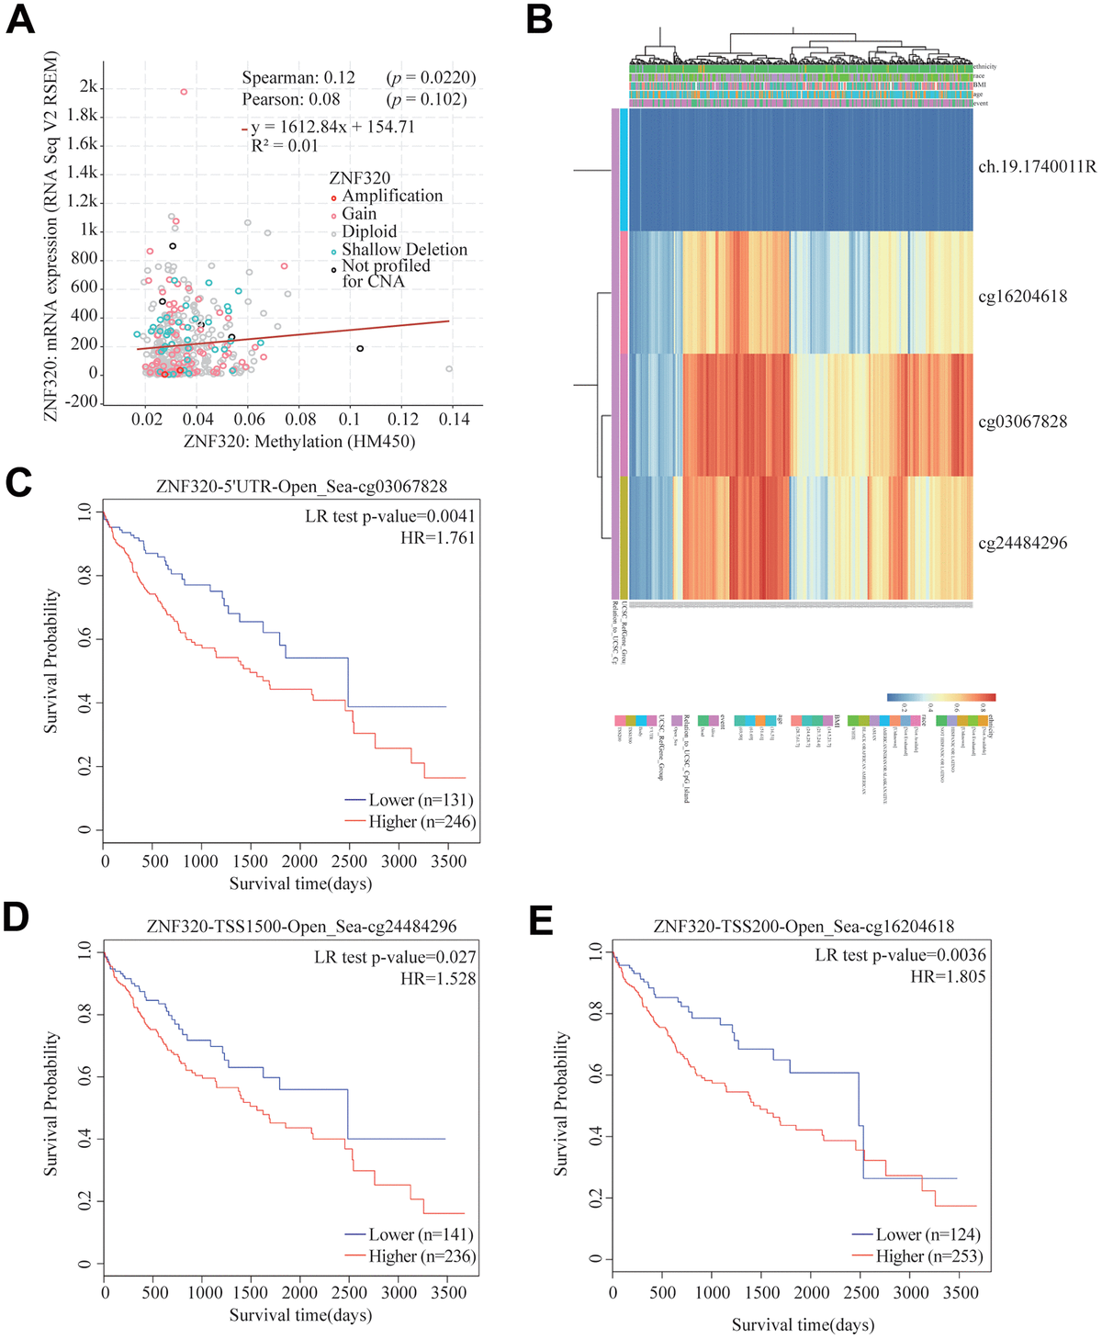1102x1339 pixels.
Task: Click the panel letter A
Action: point(20,20)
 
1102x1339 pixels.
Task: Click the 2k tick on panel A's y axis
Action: point(88,86)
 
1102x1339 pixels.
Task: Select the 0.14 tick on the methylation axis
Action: point(454,419)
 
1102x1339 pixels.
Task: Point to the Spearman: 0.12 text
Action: point(298,78)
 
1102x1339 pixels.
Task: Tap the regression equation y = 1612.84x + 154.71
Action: point(332,127)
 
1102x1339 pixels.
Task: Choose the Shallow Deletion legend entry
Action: point(404,250)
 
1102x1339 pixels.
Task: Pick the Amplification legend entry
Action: point(392,196)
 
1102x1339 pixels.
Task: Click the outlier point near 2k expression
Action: point(184,92)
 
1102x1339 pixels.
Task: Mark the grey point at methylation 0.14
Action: point(449,369)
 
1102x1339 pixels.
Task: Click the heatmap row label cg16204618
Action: point(1022,296)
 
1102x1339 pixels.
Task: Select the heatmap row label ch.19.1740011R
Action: point(1037,167)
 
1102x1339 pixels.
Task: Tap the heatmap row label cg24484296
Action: point(1022,543)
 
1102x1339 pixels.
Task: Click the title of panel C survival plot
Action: point(301,486)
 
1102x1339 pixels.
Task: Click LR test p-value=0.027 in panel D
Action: point(395,957)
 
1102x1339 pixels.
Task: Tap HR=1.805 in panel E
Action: point(948,977)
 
